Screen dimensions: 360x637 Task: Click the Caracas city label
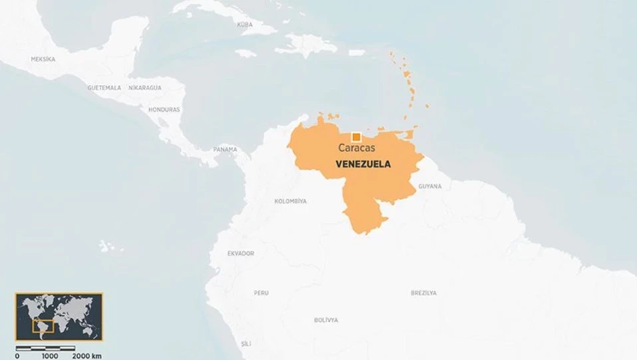click(x=357, y=148)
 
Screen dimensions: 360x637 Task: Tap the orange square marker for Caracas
click(x=356, y=137)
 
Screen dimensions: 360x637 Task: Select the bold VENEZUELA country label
click(x=363, y=164)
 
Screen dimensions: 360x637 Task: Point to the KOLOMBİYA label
click(x=291, y=201)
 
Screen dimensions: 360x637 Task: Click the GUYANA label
click(x=430, y=186)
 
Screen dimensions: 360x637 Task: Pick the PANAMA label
click(x=225, y=149)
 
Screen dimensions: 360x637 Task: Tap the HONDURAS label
click(x=164, y=110)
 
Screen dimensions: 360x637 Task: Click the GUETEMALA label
click(x=104, y=88)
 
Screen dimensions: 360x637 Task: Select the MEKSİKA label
click(x=43, y=59)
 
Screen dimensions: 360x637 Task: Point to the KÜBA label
click(x=245, y=25)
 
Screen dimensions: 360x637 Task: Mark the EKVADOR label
click(x=241, y=254)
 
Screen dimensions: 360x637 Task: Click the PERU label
click(x=261, y=293)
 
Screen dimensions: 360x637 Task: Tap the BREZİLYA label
click(x=424, y=293)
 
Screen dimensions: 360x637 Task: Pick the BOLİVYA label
click(x=326, y=320)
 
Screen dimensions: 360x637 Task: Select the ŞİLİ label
click(x=246, y=343)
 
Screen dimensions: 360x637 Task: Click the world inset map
click(x=59, y=316)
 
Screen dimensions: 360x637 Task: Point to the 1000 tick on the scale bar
click(x=50, y=355)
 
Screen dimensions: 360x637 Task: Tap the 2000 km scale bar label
click(x=87, y=355)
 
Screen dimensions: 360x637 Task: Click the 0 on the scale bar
click(x=17, y=355)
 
